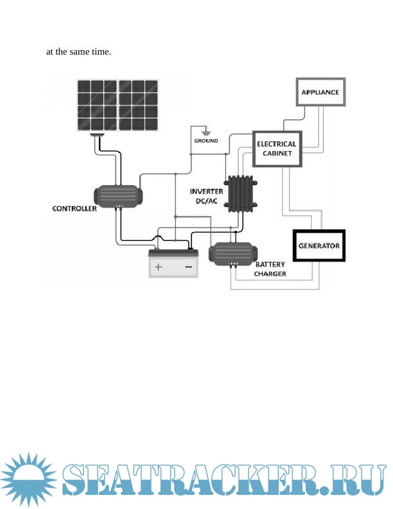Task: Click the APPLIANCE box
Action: [x=320, y=93]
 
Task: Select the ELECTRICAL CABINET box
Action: [x=277, y=148]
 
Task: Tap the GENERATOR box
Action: [x=319, y=246]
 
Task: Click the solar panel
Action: [x=118, y=105]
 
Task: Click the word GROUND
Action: [x=206, y=140]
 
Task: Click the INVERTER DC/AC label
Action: [x=206, y=196]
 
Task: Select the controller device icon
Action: [x=116, y=195]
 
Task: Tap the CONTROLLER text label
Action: [x=74, y=209]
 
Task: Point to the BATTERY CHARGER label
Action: [x=270, y=269]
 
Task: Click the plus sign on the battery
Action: [x=158, y=266]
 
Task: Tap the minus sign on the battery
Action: [x=189, y=266]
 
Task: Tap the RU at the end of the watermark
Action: [x=362, y=480]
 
